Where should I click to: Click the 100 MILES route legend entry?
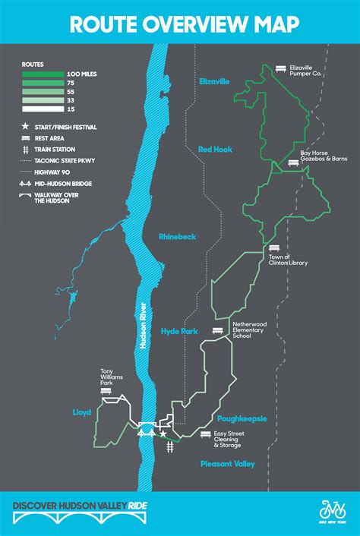(x=84, y=74)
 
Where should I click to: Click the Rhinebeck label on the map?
(x=177, y=237)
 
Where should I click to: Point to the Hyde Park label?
(x=178, y=331)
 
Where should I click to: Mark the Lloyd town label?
(x=83, y=412)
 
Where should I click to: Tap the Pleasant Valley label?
(x=227, y=463)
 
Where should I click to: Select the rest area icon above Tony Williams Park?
(x=116, y=392)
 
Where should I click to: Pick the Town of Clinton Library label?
(x=287, y=260)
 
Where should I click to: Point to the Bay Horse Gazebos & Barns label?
(x=324, y=156)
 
